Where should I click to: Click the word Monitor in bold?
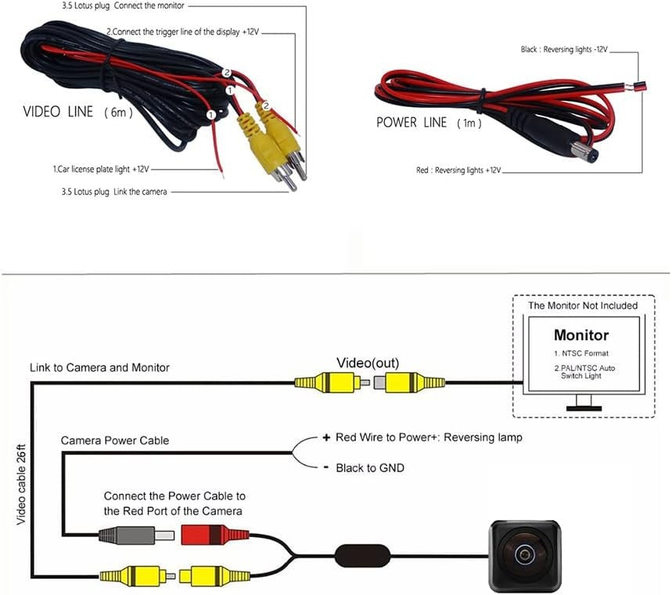tap(580, 335)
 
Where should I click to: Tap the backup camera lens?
tap(523, 554)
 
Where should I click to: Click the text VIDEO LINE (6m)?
tap(78, 112)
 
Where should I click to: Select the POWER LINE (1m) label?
tap(428, 123)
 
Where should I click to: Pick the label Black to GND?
tap(370, 468)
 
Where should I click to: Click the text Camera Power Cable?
tap(115, 441)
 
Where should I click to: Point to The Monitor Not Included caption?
tap(583, 305)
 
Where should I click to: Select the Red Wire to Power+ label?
tap(429, 437)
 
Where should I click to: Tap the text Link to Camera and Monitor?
tap(99, 367)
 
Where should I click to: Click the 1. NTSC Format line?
tap(580, 354)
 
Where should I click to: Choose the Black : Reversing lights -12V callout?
tap(564, 49)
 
